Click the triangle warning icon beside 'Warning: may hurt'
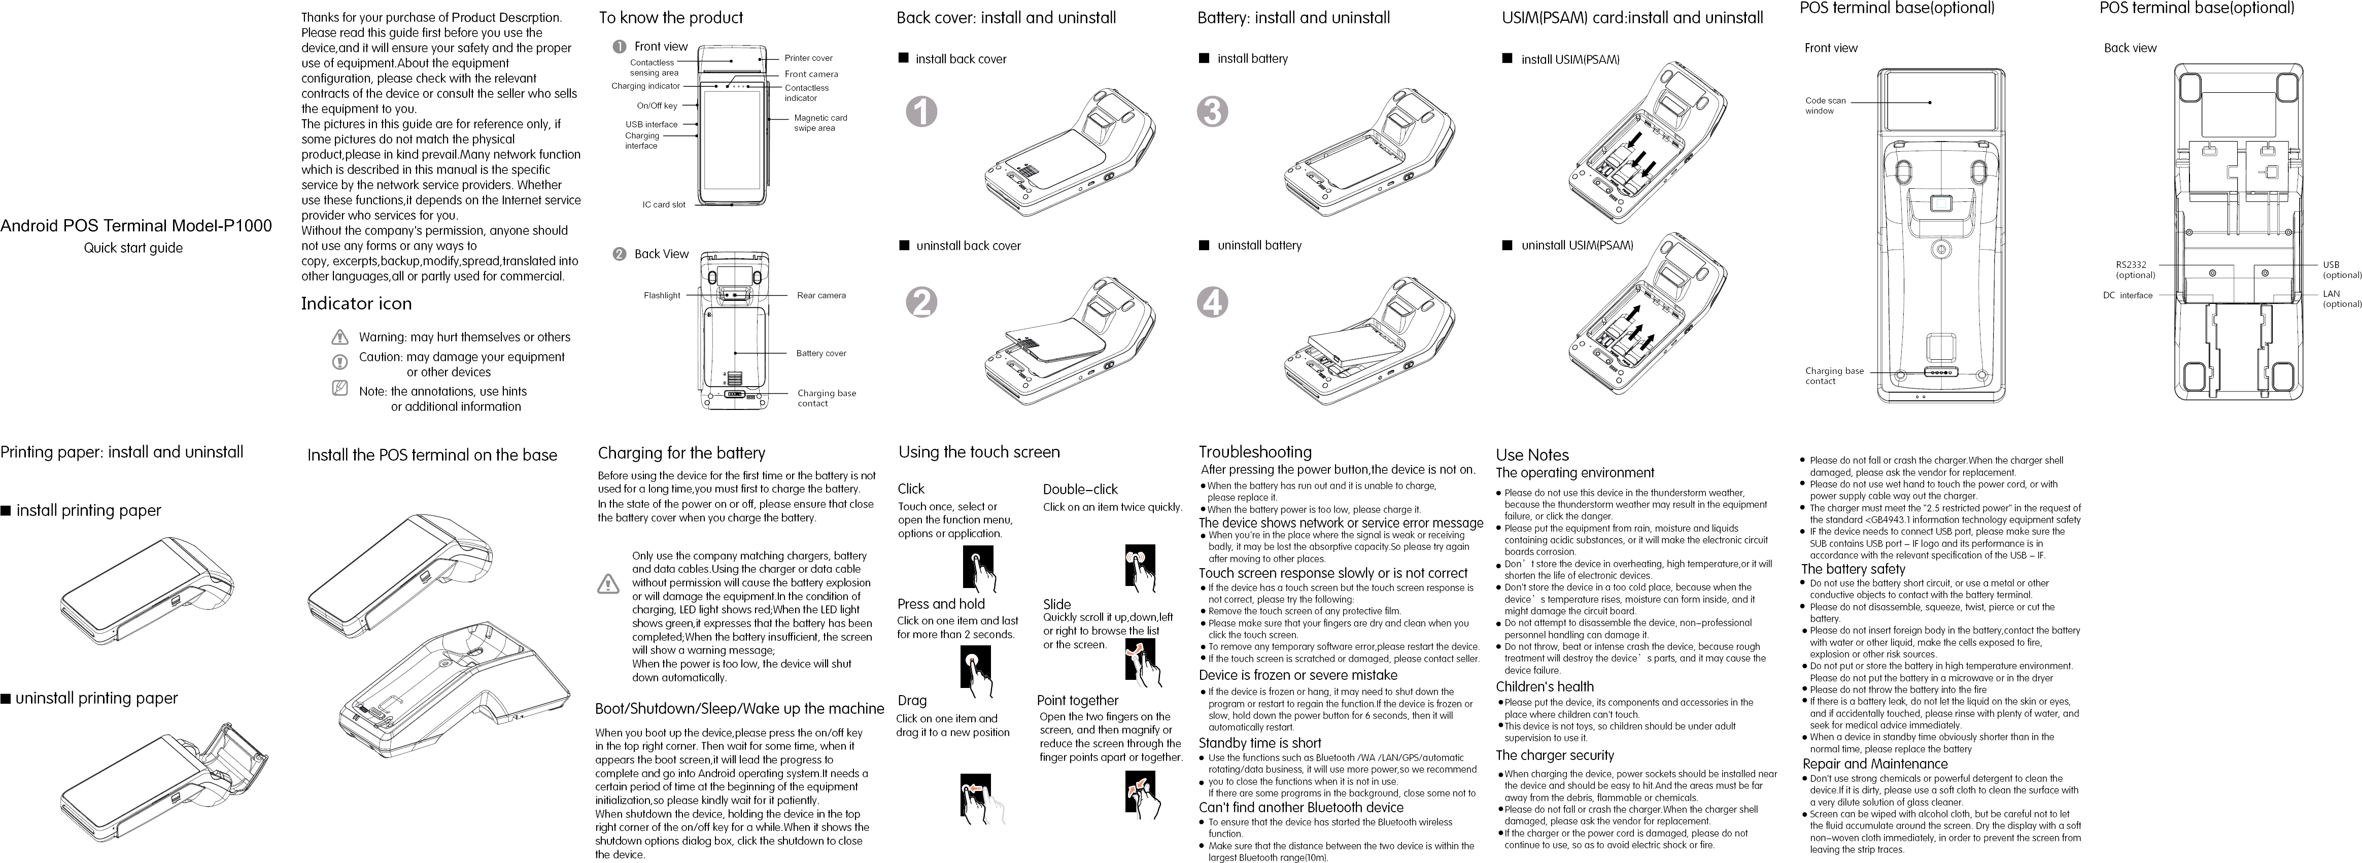pyautogui.click(x=340, y=337)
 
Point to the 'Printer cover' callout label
pyautogui.click(x=808, y=58)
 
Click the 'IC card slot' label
pyautogui.click(x=663, y=204)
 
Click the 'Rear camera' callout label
pyautogui.click(x=820, y=295)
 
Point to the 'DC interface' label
pyautogui.click(x=2127, y=295)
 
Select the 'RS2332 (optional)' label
pyautogui.click(x=2135, y=269)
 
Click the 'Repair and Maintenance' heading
pyautogui.click(x=1874, y=764)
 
